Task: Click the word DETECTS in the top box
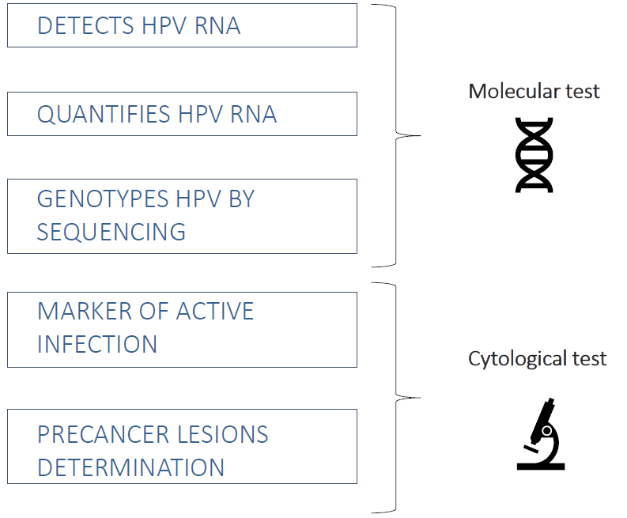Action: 85,26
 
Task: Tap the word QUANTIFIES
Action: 104,115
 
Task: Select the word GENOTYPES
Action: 103,199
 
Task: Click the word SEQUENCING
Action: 111,232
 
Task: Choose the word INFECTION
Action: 97,344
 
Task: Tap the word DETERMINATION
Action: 130,467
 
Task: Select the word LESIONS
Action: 223,434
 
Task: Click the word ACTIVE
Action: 215,312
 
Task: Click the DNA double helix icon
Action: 534,155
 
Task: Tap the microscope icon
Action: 541,434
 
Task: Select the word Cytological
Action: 516,359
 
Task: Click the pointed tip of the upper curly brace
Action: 420,135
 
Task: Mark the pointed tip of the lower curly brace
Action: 420,398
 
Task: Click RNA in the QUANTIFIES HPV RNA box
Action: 254,115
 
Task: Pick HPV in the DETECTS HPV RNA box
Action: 164,26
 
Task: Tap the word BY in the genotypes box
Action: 241,199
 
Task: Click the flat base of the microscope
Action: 541,467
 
